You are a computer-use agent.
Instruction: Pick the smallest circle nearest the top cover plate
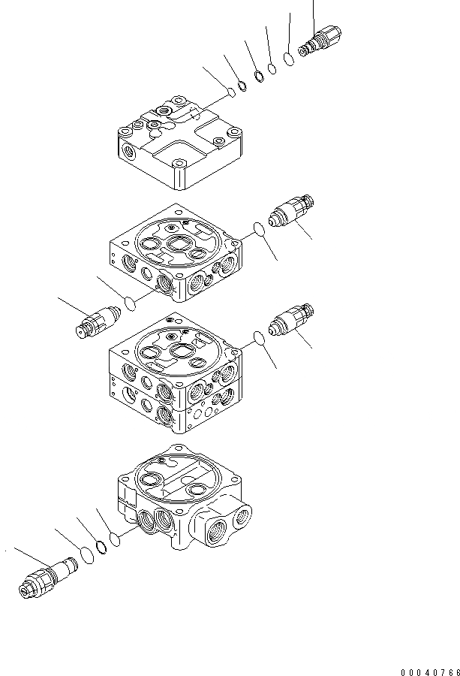tap(231, 92)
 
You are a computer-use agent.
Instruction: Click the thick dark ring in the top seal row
tap(258, 76)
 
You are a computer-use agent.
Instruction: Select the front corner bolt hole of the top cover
tap(180, 164)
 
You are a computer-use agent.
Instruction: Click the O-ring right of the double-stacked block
tap(257, 339)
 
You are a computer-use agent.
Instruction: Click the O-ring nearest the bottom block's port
tap(115, 539)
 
